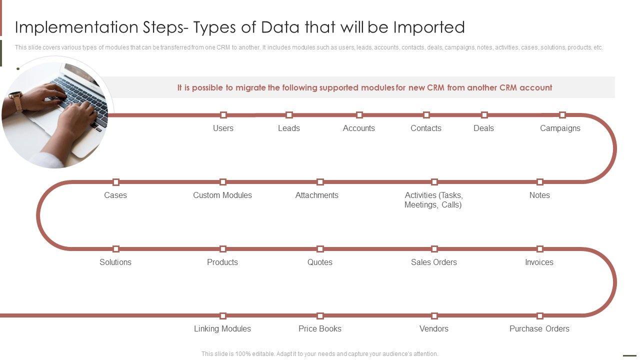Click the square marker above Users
click(x=223, y=115)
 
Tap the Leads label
click(x=289, y=128)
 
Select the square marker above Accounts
click(x=359, y=115)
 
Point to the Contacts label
click(x=425, y=128)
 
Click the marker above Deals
click(x=484, y=115)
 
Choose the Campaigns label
click(x=560, y=128)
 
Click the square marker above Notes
click(x=539, y=182)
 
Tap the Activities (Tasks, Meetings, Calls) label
click(x=433, y=200)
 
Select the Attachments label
click(x=316, y=195)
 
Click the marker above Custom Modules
click(x=223, y=182)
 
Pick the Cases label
click(x=115, y=195)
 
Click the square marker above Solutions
click(x=115, y=249)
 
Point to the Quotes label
click(x=319, y=262)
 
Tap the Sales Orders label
click(x=433, y=262)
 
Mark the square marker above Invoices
click(x=539, y=249)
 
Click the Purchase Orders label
click(x=539, y=329)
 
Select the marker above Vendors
click(x=434, y=315)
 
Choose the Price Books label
click(x=319, y=329)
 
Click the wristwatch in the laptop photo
click(x=16, y=100)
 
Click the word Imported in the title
click(x=429, y=27)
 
